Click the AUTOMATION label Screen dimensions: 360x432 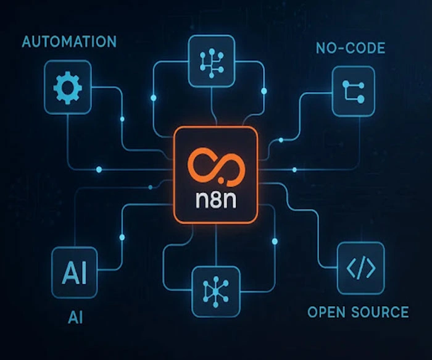tap(69, 42)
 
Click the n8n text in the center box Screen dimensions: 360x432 tap(215, 201)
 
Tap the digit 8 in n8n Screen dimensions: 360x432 tap(215, 201)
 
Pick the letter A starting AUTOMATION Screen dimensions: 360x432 tap(27, 42)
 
